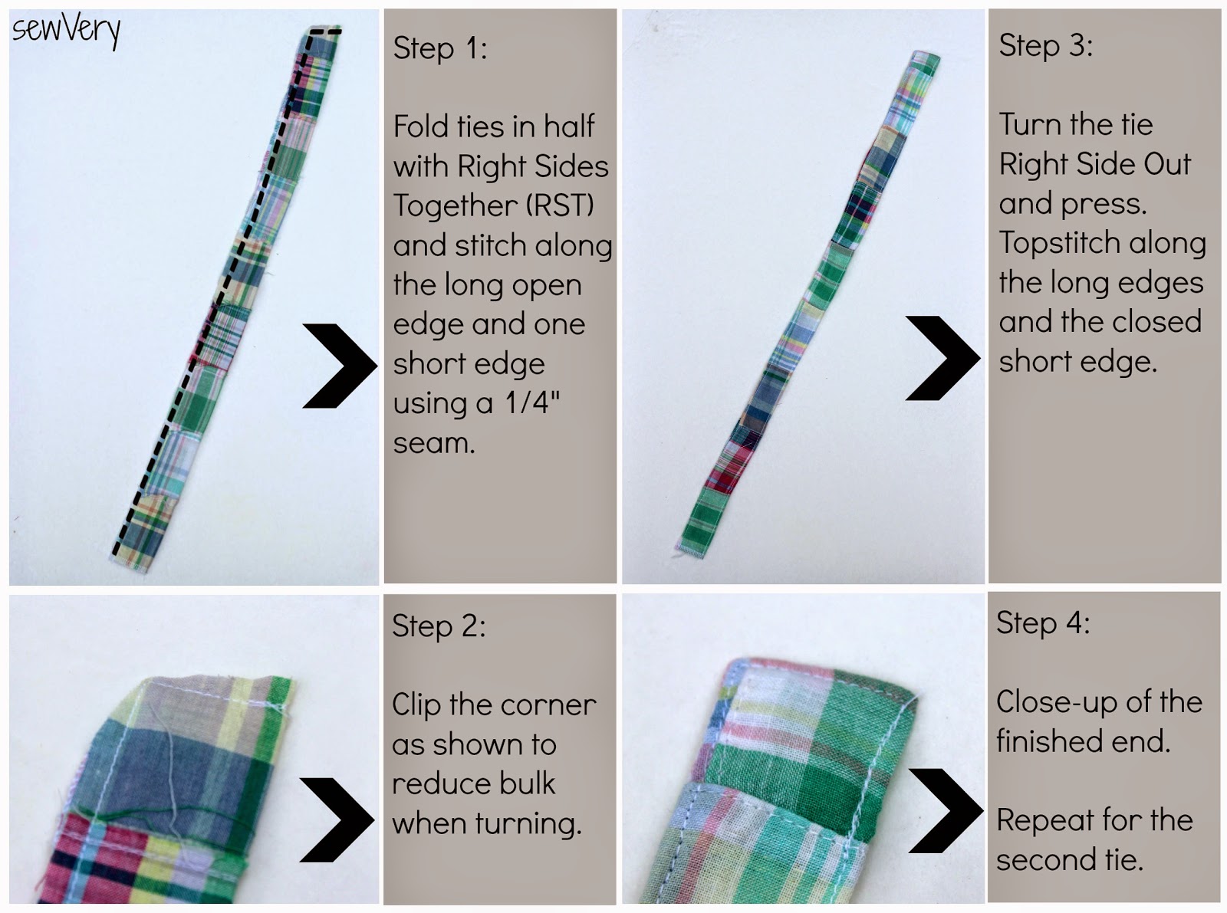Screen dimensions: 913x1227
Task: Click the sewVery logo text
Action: coord(67,31)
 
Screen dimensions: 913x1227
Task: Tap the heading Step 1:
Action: coord(440,48)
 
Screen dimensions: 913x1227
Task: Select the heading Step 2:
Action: coord(439,626)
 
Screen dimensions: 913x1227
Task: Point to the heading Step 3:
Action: coord(1045,46)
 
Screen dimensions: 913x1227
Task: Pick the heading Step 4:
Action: coord(1043,623)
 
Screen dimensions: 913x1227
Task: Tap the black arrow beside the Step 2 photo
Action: coord(335,819)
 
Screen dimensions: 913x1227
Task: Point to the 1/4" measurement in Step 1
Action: coord(532,402)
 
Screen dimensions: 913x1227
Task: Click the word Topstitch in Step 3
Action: coord(1051,243)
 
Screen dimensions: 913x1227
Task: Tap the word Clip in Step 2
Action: coord(419,705)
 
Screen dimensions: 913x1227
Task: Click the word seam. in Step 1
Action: coord(434,443)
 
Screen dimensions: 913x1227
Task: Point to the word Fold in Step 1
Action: coord(421,126)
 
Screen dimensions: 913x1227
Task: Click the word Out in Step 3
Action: coord(1166,164)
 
